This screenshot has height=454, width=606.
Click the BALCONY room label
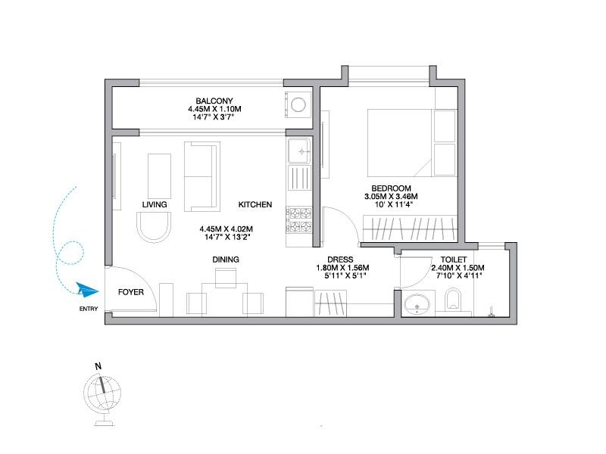pyautogui.click(x=214, y=101)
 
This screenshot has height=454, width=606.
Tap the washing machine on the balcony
pyautogui.click(x=298, y=104)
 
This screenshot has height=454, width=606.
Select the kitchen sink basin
pyautogui.click(x=299, y=151)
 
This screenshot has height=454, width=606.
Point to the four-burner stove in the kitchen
pyautogui.click(x=298, y=219)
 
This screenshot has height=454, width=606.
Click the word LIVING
pyautogui.click(x=155, y=204)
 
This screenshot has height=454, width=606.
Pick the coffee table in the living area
pyautogui.click(x=159, y=176)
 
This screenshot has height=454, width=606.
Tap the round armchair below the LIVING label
pyautogui.click(x=154, y=228)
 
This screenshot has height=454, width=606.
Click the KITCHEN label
pyautogui.click(x=255, y=204)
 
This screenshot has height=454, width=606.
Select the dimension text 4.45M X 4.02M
pyautogui.click(x=226, y=229)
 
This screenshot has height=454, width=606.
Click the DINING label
pyautogui.click(x=226, y=260)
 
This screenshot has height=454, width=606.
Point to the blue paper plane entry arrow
pyautogui.click(x=86, y=290)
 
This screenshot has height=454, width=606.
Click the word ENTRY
pyautogui.click(x=89, y=309)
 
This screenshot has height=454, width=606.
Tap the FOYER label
pyautogui.click(x=130, y=292)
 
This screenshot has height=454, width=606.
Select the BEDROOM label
pyautogui.click(x=391, y=188)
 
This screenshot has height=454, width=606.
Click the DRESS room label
pyautogui.click(x=340, y=260)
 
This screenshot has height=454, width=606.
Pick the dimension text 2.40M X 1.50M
pyautogui.click(x=458, y=268)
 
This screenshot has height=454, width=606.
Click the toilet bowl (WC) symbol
pyautogui.click(x=453, y=300)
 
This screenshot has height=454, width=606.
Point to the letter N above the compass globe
pyautogui.click(x=98, y=366)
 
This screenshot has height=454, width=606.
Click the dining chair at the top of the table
pyautogui.click(x=225, y=278)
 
